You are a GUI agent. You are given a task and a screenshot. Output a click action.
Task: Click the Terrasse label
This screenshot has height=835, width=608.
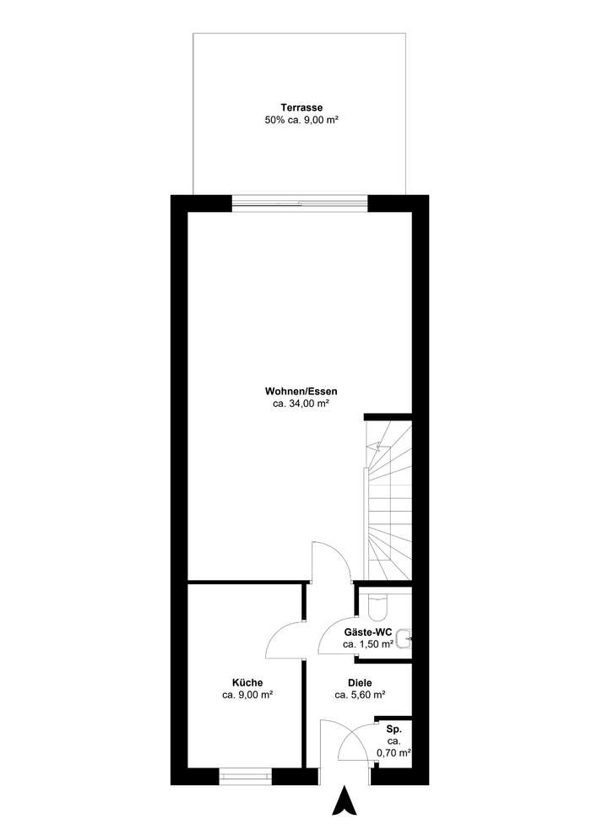(302, 108)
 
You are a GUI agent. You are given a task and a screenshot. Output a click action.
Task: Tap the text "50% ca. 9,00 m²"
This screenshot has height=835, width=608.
(302, 121)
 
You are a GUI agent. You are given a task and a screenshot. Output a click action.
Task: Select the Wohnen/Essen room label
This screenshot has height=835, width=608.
(301, 391)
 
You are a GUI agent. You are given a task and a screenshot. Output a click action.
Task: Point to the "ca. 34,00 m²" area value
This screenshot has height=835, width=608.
(301, 404)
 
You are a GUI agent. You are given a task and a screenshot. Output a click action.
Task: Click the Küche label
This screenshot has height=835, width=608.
(247, 682)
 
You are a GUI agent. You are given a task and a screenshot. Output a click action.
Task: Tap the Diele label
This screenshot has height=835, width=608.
(360, 682)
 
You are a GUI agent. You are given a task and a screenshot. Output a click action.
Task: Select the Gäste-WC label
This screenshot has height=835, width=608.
(368, 632)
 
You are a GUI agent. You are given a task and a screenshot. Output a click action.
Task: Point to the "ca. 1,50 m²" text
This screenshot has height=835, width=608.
(368, 644)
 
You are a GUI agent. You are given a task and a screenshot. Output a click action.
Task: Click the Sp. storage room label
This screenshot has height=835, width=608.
(394, 727)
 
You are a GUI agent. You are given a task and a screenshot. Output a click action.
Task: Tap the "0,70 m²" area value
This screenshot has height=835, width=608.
(394, 752)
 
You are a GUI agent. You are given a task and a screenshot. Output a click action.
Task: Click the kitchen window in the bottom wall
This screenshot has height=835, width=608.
(245, 773)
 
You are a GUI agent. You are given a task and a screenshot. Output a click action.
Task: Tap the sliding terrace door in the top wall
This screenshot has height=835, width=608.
(300, 203)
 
